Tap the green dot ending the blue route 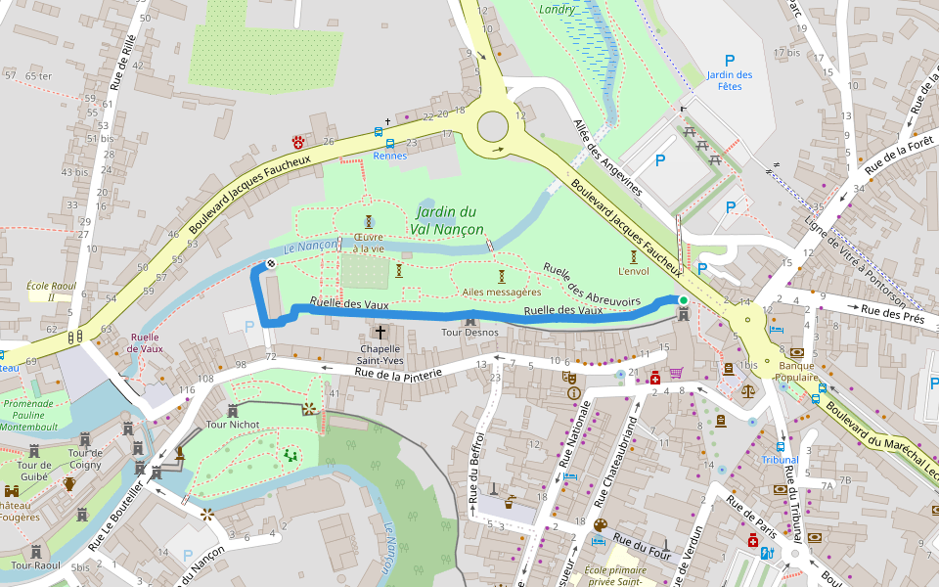(x=683, y=299)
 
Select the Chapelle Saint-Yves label (x=380, y=355)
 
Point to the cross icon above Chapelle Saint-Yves (x=380, y=333)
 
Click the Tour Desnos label (x=470, y=333)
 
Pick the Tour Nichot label (x=232, y=426)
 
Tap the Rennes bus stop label (x=389, y=156)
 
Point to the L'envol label (x=634, y=271)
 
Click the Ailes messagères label (x=501, y=292)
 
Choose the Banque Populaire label (x=797, y=370)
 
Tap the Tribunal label (x=780, y=459)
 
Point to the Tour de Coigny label (x=86, y=458)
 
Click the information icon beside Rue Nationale (x=573, y=393)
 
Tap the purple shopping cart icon (x=675, y=373)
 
